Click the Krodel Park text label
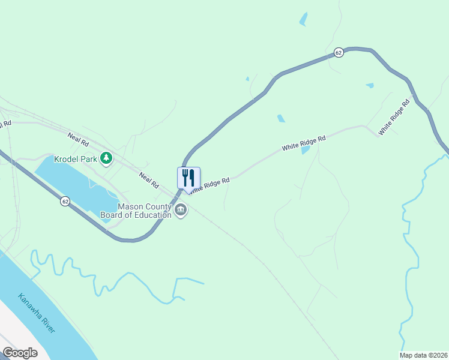75,159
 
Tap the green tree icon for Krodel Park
106,158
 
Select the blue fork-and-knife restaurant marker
188,178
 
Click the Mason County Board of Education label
144,211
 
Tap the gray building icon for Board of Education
180,210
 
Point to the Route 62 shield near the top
339,53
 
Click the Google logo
20,353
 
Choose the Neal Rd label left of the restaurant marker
148,178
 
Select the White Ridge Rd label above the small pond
304,142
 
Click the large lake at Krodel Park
66,180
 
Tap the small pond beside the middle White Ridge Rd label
306,149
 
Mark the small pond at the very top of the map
303,19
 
